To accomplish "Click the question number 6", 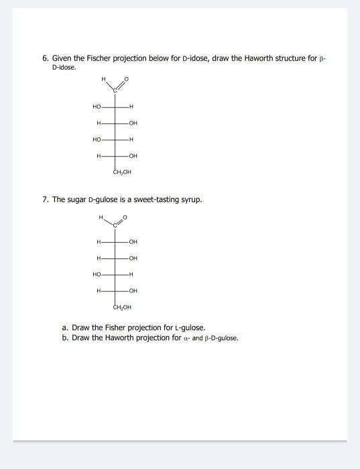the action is (44, 59).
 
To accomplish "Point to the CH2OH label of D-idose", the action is (123, 172).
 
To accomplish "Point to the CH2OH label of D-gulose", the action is (123, 307).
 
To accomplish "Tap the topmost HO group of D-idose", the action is (97, 107).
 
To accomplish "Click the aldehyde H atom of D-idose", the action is (103, 79).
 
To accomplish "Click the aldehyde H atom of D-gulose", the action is (101, 217).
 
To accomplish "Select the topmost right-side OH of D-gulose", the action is (133, 242).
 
